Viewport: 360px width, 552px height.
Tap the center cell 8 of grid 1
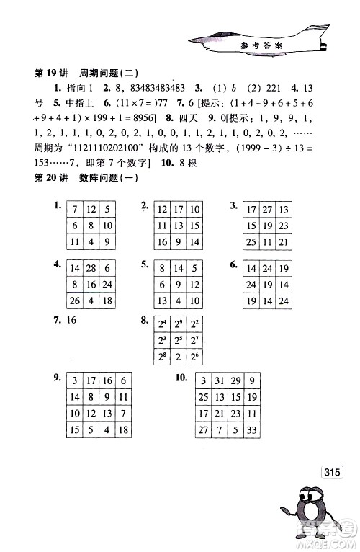coord(90,227)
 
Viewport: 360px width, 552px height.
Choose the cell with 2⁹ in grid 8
coord(177,326)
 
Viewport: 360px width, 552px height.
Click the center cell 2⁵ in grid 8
coord(177,342)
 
